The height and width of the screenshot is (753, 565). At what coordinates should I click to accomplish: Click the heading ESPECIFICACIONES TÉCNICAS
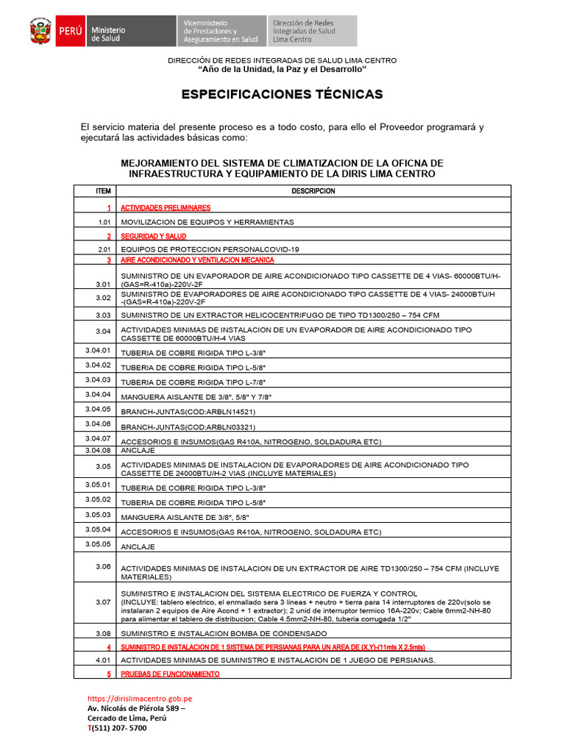coord(282,95)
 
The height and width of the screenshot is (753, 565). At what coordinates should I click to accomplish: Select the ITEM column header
coord(103,191)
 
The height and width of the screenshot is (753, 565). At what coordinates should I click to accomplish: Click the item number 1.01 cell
coord(103,221)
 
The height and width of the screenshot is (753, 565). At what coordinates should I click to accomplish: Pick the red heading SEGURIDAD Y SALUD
coord(153,237)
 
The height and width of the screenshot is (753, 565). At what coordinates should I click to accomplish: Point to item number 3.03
coord(103,315)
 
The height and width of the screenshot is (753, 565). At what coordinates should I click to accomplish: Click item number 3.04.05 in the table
coord(98,409)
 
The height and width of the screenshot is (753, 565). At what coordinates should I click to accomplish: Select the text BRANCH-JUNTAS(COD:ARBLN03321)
coord(188,427)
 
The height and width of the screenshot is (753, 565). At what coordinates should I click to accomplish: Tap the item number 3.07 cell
coord(103,603)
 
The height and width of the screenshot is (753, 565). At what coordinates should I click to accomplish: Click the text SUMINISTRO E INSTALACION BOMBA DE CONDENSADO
coord(224,633)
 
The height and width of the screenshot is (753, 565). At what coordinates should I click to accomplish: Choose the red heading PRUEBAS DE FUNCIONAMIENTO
coord(170,674)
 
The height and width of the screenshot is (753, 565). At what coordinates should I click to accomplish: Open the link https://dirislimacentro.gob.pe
coord(140,699)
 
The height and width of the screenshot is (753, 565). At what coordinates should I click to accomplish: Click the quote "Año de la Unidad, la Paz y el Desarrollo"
coord(282,69)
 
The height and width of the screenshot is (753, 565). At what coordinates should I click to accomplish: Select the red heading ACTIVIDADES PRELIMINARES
coord(166,208)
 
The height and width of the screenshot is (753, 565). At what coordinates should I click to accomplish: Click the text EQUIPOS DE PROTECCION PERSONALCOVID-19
coord(210,250)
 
